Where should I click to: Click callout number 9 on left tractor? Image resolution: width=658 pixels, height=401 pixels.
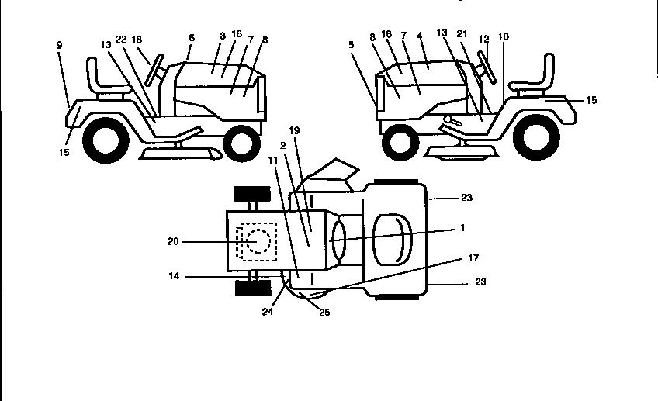(x=59, y=45)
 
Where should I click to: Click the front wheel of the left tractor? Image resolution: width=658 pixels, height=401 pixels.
(x=241, y=142)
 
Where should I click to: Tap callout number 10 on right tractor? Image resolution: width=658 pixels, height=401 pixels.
(x=504, y=36)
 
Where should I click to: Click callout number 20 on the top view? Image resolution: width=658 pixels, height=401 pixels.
(x=173, y=241)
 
